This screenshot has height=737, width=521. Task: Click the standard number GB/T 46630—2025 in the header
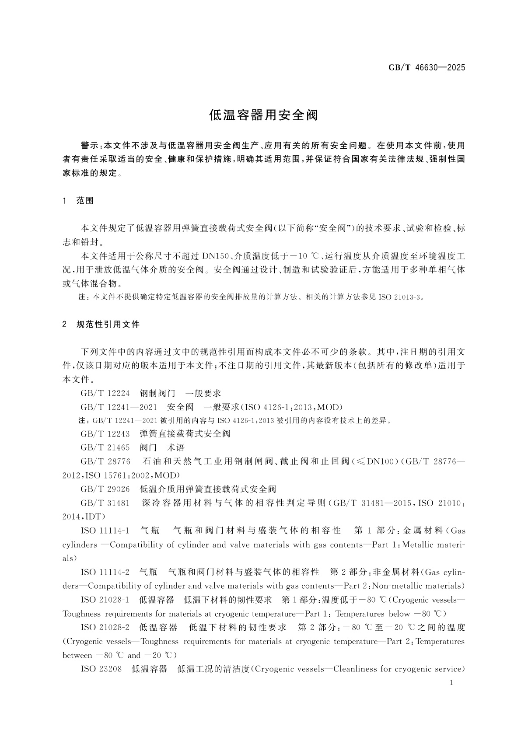click(427, 68)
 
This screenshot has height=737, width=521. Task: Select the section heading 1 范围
click(79, 201)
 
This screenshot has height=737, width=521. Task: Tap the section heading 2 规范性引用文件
click(101, 325)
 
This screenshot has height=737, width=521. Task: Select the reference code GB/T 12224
click(105, 393)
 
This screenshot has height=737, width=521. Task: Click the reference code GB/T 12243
click(105, 433)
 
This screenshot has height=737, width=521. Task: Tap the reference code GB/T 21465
click(105, 447)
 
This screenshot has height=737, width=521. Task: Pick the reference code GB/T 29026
click(105, 489)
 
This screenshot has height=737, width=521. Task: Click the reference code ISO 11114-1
click(105, 531)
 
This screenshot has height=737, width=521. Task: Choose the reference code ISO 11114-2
click(105, 572)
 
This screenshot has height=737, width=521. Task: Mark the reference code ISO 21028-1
click(105, 600)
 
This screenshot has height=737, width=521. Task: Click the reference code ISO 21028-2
click(105, 628)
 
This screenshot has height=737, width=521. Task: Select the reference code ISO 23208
click(101, 669)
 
